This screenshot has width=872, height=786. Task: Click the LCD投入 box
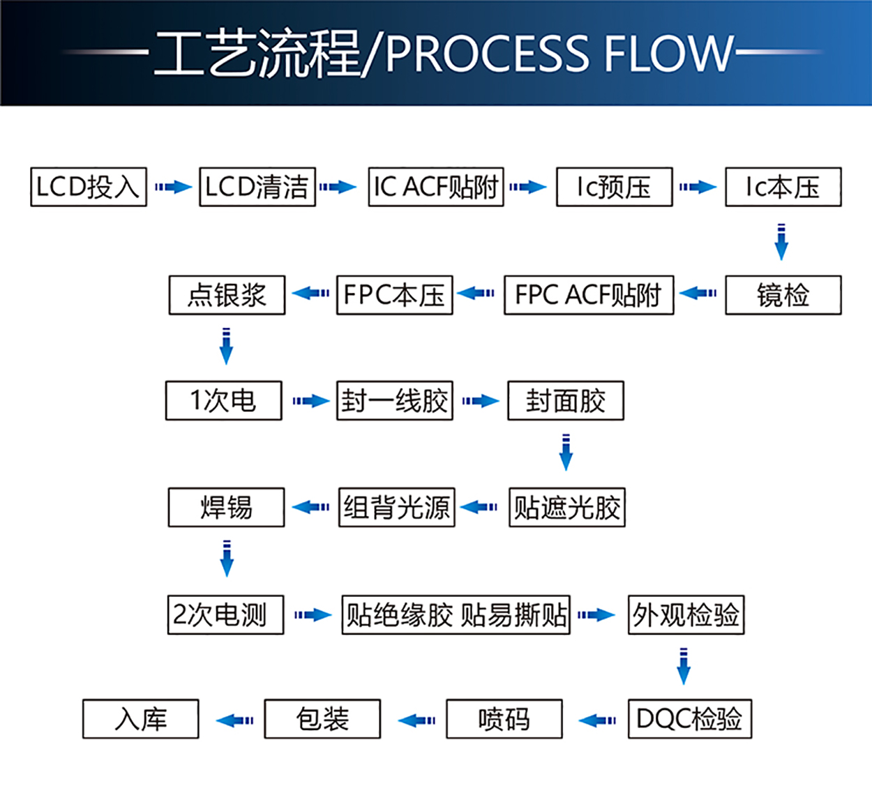click(89, 187)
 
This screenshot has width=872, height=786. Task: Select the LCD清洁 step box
click(257, 187)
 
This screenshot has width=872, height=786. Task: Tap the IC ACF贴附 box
click(436, 187)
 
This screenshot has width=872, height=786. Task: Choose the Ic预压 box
click(614, 187)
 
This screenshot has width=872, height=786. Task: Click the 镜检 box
click(783, 295)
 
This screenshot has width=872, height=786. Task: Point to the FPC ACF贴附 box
click(589, 295)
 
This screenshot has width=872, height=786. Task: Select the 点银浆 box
click(227, 295)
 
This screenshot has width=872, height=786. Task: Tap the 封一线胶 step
click(395, 400)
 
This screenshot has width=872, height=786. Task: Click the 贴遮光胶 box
click(566, 507)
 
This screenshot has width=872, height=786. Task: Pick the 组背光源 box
click(396, 507)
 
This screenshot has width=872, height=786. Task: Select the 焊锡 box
click(226, 507)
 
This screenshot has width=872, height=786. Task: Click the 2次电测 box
click(225, 614)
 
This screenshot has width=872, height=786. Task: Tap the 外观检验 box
click(686, 614)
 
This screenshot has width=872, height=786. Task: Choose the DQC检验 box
click(689, 718)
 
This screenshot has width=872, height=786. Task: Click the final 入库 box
click(140, 718)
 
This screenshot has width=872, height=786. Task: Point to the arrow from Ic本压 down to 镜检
click(781, 241)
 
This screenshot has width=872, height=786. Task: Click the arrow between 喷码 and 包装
click(416, 720)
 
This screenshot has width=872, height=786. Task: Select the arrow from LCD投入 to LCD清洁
click(173, 187)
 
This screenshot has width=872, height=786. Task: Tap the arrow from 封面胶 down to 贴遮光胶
click(566, 453)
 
